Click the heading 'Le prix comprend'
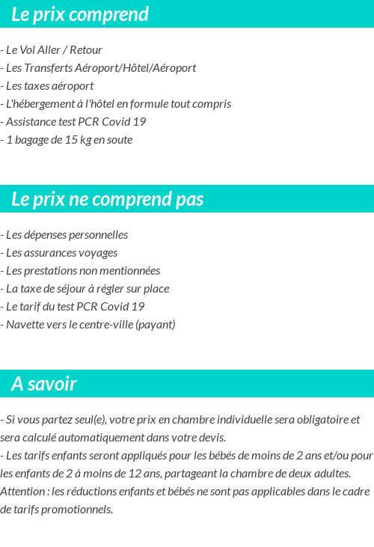point(80,14)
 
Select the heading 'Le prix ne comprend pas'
point(108,199)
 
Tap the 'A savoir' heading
point(44,384)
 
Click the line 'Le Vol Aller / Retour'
point(52,50)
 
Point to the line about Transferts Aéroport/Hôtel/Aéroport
point(99,68)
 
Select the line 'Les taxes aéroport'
point(48,86)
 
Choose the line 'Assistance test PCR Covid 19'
point(74,122)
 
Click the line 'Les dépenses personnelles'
point(65,235)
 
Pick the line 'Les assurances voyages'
point(60,253)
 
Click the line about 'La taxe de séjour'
point(85,289)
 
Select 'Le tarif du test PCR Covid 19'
point(73,307)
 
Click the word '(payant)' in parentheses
point(155,325)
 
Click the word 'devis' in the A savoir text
point(211,438)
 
